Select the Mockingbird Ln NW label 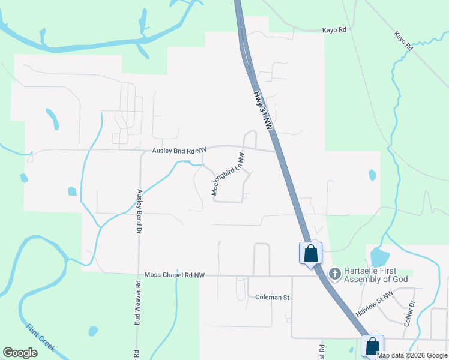click(228, 174)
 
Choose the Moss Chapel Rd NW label click(175, 275)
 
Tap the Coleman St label click(273, 297)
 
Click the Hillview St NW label click(373, 302)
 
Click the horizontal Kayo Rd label click(334, 29)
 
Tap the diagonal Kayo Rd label click(403, 41)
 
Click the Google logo click(20, 353)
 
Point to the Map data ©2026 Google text click(412, 355)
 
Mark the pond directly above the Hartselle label click(379, 257)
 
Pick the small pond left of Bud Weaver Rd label click(93, 331)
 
